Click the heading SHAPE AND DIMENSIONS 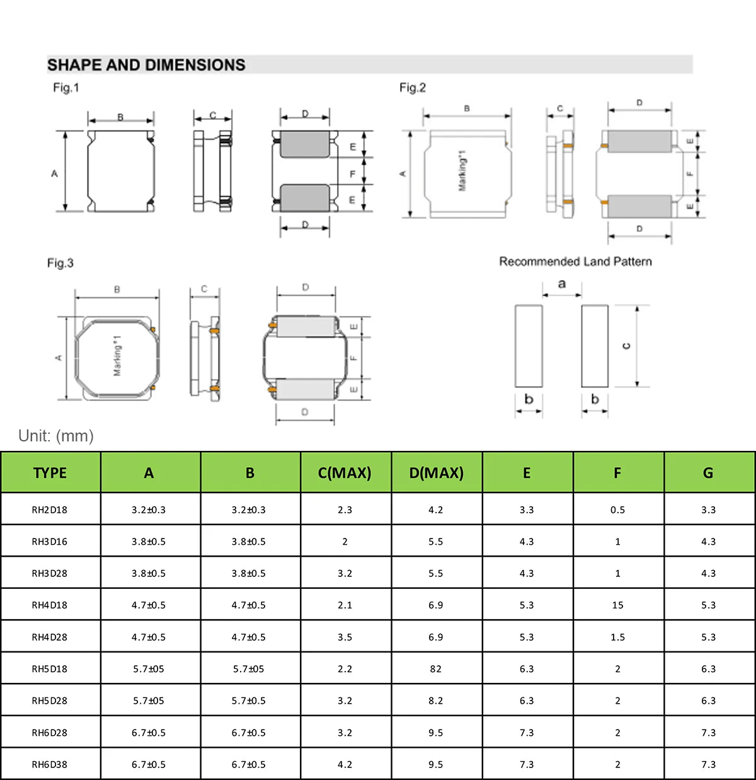point(146,65)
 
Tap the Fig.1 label point(66,88)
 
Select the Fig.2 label point(412,88)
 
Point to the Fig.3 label point(60,263)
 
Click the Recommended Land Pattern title point(575,262)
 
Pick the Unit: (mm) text point(56,436)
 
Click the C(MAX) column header point(345,473)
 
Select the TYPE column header point(50,473)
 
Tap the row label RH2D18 point(50,509)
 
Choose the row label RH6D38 point(50,764)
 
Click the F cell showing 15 point(617,605)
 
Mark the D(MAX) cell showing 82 point(435,669)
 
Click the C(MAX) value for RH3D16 point(345,542)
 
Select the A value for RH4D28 point(149,637)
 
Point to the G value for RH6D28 point(708,733)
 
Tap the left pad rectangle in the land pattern point(529,346)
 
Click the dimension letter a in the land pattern point(562,284)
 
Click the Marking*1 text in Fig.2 point(462,172)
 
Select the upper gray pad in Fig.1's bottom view point(305,144)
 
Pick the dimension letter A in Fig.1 point(54,173)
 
